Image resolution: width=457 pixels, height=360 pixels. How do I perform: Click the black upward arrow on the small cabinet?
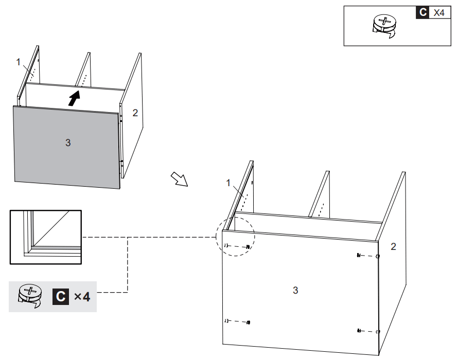[75, 98]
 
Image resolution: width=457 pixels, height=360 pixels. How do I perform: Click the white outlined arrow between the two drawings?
[180, 179]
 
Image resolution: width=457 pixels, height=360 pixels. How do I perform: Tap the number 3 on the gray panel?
[67, 142]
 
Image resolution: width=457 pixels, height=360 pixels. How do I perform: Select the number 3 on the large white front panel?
[295, 290]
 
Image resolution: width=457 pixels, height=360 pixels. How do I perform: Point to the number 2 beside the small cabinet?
[135, 113]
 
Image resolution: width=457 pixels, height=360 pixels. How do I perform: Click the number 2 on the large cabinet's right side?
[393, 246]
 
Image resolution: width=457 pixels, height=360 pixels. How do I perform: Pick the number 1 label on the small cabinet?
[19, 62]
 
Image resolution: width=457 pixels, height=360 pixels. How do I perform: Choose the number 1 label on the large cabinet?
[228, 183]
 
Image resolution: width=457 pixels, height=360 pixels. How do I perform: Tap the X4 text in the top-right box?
[438, 13]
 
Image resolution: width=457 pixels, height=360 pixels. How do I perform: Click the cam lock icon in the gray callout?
[30, 296]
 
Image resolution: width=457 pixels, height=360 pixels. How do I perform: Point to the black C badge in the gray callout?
[60, 296]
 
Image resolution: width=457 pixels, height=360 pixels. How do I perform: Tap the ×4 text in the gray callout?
[82, 296]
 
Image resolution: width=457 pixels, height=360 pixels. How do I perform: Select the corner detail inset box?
[46, 237]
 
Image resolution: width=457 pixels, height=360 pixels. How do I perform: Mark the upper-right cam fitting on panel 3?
[367, 256]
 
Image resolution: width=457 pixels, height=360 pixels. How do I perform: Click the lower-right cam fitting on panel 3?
[367, 330]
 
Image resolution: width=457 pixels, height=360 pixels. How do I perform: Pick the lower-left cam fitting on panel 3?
[237, 322]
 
